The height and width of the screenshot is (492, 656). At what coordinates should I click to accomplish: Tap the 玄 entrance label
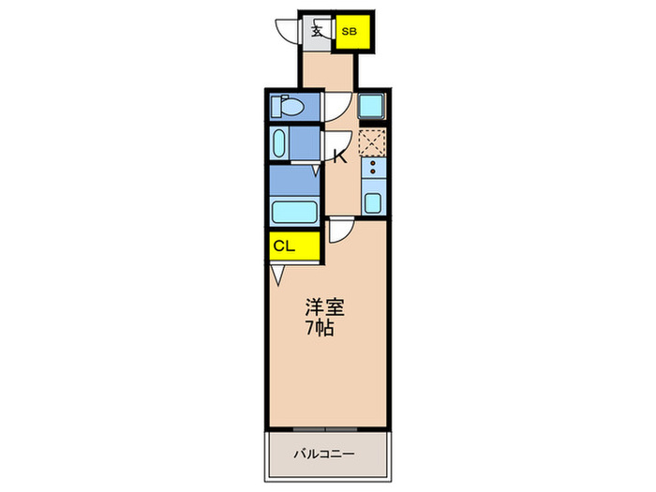pyautogui.click(x=317, y=31)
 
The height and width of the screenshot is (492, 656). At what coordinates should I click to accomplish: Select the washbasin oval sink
pyautogui.click(x=279, y=143)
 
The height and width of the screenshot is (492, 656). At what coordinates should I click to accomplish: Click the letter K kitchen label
pyautogui.click(x=340, y=157)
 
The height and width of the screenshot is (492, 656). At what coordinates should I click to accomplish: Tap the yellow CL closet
pyautogui.click(x=286, y=246)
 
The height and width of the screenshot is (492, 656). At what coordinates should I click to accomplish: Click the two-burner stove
pyautogui.click(x=373, y=170)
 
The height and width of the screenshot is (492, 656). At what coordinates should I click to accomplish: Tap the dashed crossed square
pyautogui.click(x=372, y=142)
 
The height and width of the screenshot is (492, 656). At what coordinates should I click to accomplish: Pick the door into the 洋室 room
pyautogui.click(x=341, y=231)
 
